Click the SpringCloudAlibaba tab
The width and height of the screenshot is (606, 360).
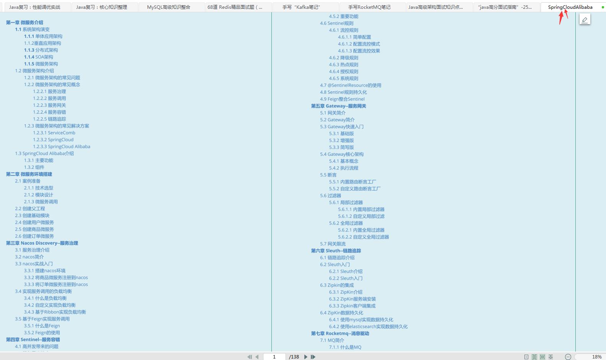[570, 7]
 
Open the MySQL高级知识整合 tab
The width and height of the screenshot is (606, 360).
[168, 7]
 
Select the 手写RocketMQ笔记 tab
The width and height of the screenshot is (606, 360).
[369, 7]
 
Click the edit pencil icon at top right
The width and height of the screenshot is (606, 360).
[585, 20]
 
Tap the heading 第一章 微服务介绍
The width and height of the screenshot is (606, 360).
[25, 23]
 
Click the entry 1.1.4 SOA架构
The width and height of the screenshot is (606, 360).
[39, 57]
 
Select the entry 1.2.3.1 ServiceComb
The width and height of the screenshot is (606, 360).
[54, 133]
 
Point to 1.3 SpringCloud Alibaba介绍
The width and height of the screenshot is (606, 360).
[44, 153]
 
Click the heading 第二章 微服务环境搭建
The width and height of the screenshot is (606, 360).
[29, 174]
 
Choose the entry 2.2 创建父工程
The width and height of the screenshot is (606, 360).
[30, 209]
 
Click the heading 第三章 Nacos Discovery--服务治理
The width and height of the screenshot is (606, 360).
[42, 243]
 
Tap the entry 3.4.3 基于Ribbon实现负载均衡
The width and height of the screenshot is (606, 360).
[55, 312]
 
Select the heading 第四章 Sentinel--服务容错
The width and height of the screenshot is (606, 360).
[33, 339]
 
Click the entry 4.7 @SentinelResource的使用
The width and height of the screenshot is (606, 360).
[351, 85]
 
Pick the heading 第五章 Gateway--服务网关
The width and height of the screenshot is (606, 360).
[338, 106]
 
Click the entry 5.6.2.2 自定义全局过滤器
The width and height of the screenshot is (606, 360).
[363, 237]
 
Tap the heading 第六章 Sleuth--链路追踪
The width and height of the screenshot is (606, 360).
[336, 251]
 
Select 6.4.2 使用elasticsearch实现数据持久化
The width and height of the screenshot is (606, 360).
[368, 326]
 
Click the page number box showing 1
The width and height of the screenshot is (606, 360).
[274, 357]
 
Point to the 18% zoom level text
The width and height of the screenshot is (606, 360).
[596, 357]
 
